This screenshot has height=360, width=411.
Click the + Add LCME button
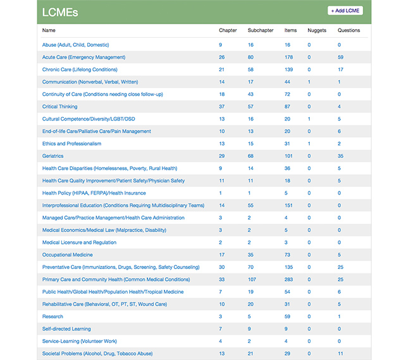(345, 11)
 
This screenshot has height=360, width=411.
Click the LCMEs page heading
(60, 12)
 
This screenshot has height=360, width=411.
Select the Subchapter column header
(260, 30)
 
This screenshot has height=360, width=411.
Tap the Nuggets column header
(317, 30)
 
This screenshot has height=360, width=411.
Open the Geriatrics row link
(53, 156)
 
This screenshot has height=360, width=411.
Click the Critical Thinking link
(59, 107)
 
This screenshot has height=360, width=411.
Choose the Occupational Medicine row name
(67, 255)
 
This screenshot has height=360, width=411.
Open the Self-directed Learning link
(66, 328)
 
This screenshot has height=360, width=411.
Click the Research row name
(52, 316)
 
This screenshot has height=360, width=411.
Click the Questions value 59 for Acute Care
(341, 57)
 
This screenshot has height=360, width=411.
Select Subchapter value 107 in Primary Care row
(252, 279)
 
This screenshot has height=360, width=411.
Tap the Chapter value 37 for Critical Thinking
(222, 107)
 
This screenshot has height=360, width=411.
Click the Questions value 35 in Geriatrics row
(341, 156)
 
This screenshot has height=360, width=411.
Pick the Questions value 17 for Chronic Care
(341, 69)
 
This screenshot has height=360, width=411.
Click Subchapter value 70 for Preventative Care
(251, 267)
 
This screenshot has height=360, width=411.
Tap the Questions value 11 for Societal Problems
(340, 353)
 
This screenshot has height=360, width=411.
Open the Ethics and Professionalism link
(71, 143)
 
